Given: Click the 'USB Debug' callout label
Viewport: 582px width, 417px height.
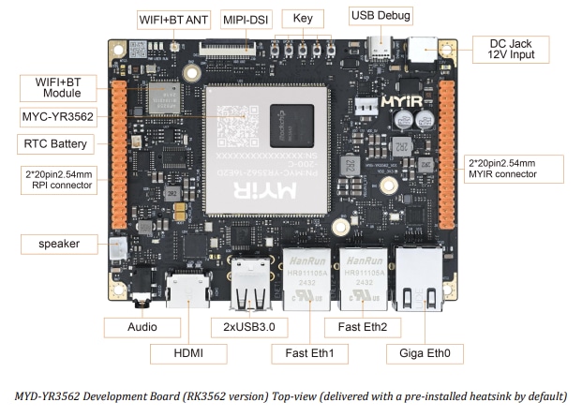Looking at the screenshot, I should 381,15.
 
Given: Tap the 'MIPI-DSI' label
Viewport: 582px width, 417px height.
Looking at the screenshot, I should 246,19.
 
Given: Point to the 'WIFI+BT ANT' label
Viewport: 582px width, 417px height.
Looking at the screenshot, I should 174,18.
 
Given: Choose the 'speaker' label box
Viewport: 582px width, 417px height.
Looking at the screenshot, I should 58,244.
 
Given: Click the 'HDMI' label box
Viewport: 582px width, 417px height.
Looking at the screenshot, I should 190,354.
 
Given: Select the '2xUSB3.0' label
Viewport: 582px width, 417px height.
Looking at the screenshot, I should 254,327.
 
